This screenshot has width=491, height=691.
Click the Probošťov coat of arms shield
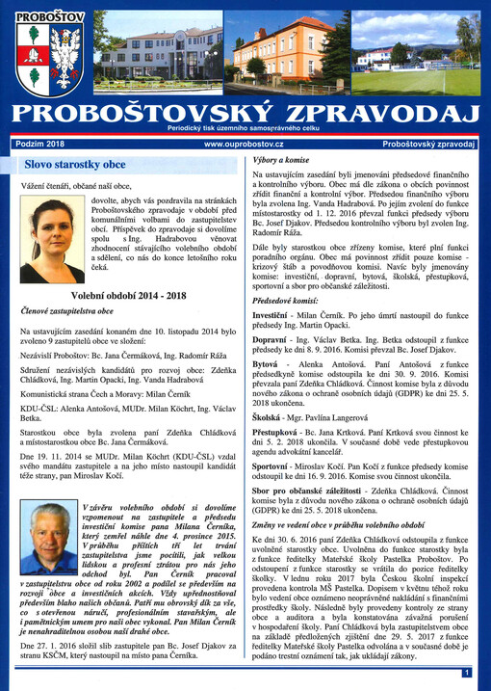[36, 57]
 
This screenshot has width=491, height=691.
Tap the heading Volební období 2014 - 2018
[129, 296]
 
